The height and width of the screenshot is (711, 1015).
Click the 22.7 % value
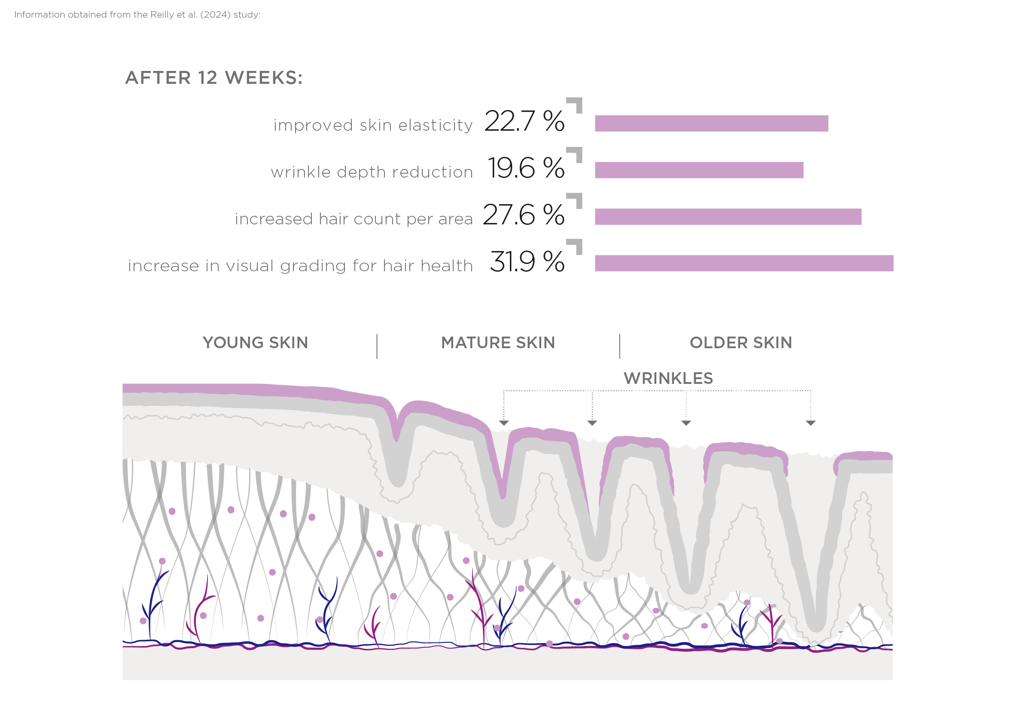coord(524,121)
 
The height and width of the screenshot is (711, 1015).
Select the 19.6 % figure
coord(526,168)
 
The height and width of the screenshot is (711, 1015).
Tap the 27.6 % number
coord(524,215)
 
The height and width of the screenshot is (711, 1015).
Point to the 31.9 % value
coord(527,261)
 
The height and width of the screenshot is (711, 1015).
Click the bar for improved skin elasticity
coord(711,123)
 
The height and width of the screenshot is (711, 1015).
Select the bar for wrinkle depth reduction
coord(699,170)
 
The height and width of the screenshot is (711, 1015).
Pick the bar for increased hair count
coord(728,217)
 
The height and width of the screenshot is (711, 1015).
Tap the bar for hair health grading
coord(744,263)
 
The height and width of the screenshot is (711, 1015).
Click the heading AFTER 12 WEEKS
coord(214,78)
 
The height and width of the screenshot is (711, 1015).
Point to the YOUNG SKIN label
coord(255,343)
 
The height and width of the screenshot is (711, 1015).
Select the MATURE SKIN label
coord(498,343)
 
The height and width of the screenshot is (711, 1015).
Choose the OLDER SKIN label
coord(741,343)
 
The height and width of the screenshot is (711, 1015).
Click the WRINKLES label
coord(668,379)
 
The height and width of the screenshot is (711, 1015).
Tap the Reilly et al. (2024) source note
coord(137,15)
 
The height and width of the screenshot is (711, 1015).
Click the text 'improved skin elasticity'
coord(373,126)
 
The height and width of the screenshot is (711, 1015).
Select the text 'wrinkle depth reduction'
coord(372,172)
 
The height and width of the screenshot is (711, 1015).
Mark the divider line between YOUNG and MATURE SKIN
coord(377,346)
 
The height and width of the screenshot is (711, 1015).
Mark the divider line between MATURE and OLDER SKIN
coord(619,346)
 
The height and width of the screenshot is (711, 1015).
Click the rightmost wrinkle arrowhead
coord(810,423)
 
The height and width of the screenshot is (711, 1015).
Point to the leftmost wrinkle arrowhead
coord(503,423)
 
